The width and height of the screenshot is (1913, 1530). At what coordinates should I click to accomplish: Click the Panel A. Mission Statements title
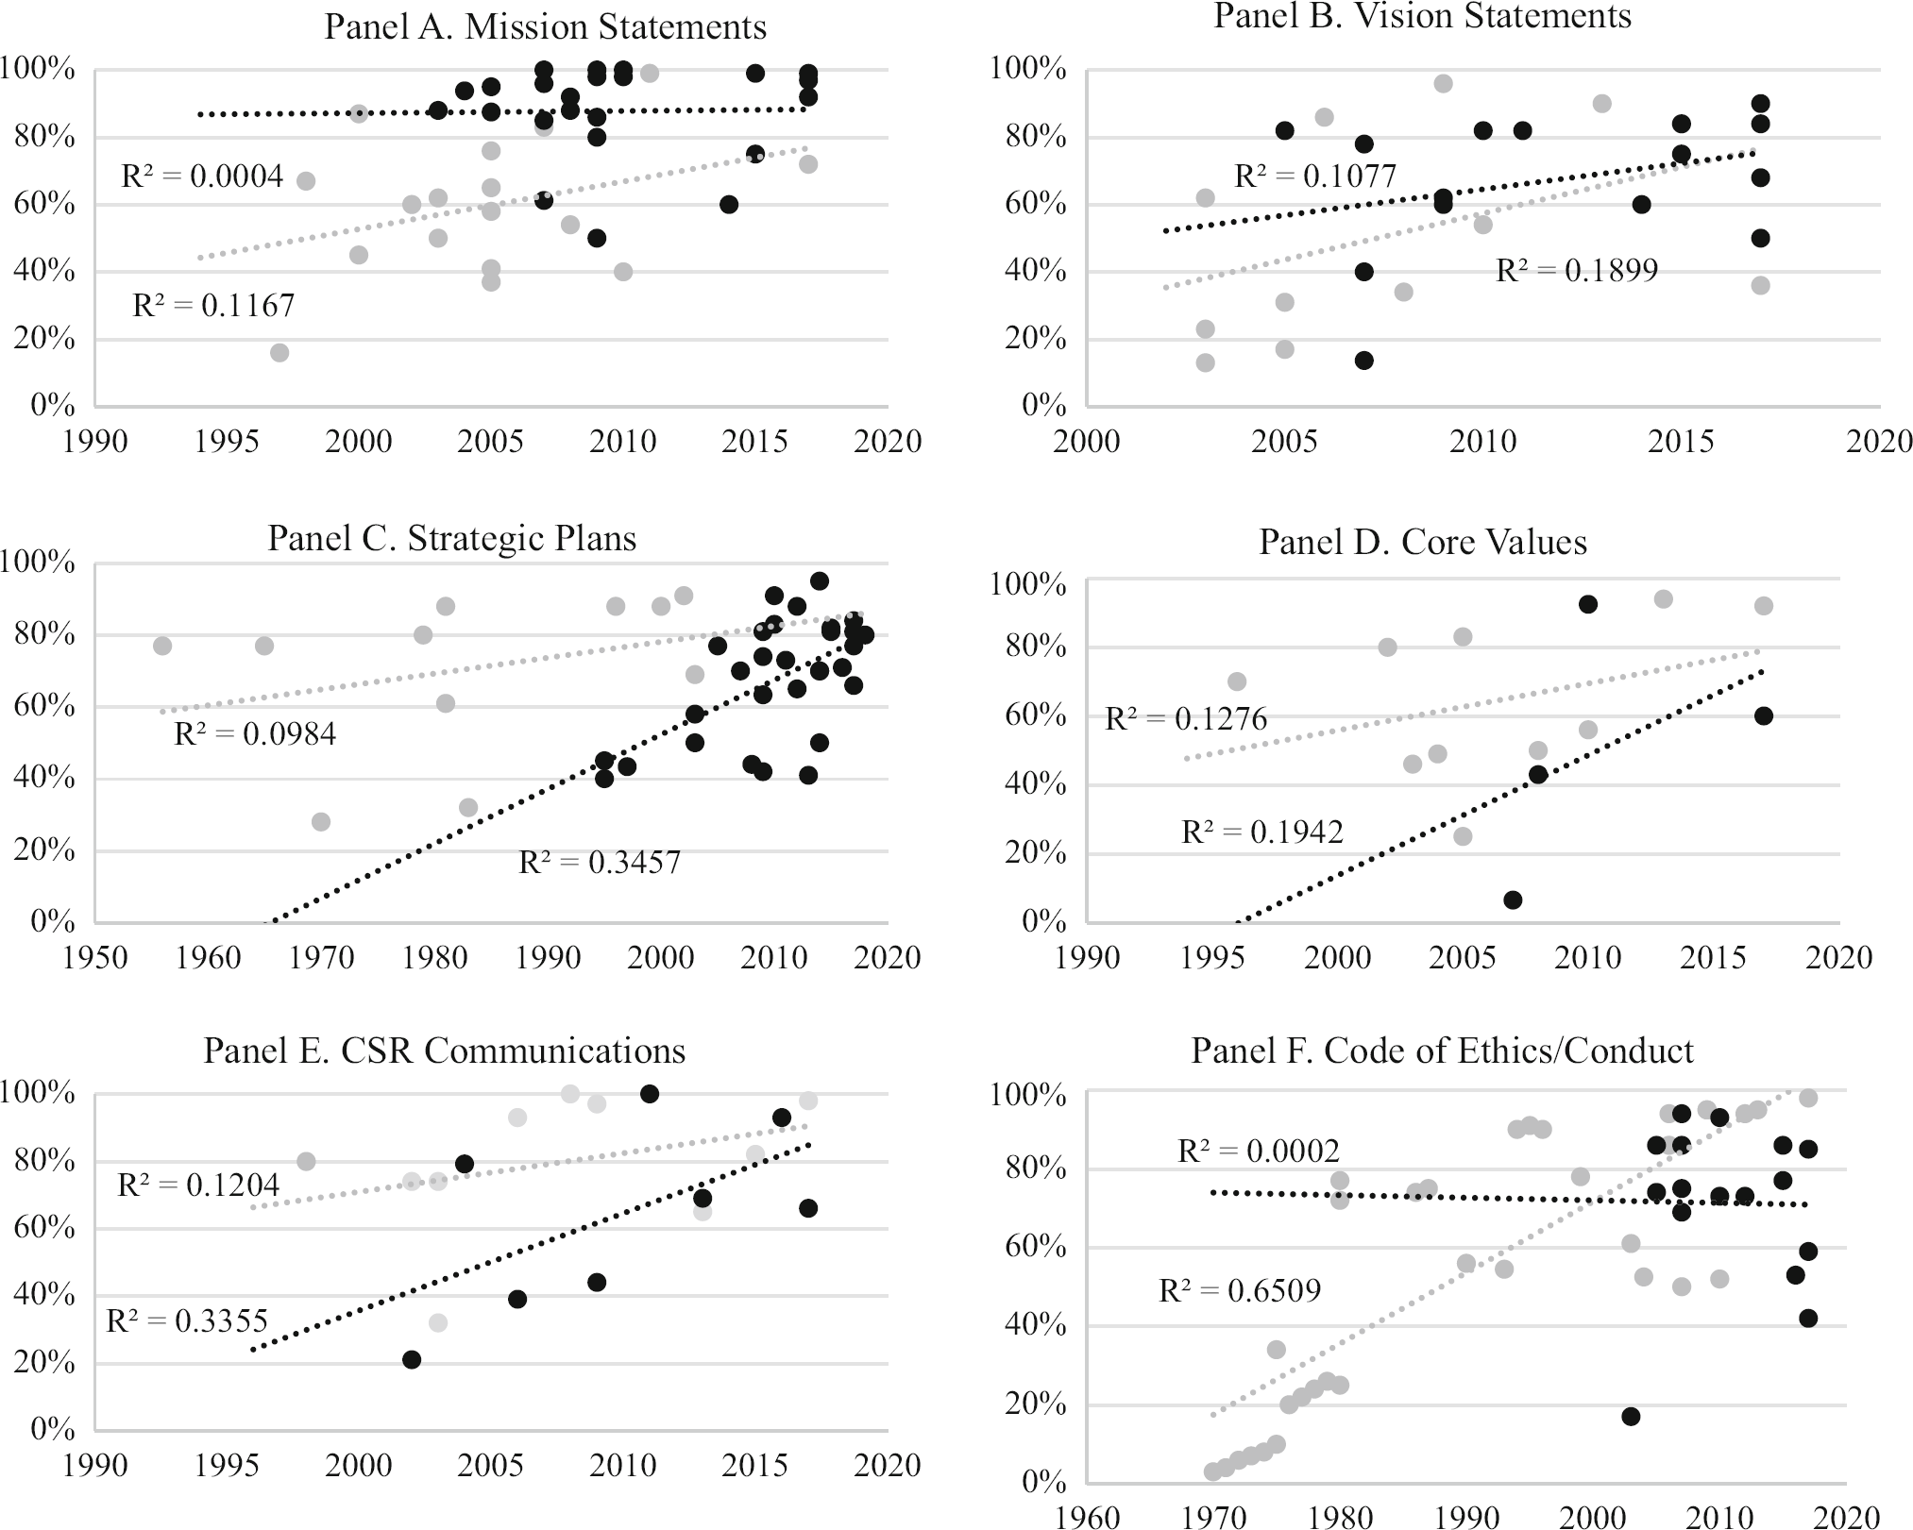pos(545,26)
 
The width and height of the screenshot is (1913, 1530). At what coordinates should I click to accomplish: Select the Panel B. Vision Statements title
pos(1422,16)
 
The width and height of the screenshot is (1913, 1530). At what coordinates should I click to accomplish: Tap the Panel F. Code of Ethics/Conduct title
pos(1442,1051)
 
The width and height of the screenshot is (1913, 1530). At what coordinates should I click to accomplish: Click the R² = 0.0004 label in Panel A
pos(202,176)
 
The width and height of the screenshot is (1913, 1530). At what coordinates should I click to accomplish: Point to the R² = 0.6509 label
pos(1239,1290)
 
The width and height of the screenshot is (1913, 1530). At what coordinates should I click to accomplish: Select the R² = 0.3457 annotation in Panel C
pos(600,862)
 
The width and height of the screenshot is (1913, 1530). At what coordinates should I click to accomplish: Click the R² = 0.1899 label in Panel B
pos(1577,271)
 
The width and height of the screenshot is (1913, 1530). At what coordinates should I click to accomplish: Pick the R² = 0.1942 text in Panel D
pos(1261,832)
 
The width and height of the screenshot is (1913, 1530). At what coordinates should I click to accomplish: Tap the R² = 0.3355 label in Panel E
pos(187,1320)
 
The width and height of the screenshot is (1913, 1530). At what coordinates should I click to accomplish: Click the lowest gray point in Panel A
pos(279,353)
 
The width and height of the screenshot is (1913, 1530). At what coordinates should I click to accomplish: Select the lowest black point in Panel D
pos(1513,900)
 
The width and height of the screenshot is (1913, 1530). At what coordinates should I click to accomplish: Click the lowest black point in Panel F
pos(1631,1416)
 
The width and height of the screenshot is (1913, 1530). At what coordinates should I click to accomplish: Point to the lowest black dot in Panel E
pos(412,1359)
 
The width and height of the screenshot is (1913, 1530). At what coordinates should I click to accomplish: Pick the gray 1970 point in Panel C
pos(321,822)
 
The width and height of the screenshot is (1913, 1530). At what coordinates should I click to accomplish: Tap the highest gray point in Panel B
pos(1443,84)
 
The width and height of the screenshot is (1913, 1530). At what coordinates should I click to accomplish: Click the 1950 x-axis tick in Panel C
pos(94,957)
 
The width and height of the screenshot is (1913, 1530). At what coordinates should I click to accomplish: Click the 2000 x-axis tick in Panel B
pos(1086,441)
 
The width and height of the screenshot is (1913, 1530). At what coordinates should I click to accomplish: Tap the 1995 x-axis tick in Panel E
pos(227,1465)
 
